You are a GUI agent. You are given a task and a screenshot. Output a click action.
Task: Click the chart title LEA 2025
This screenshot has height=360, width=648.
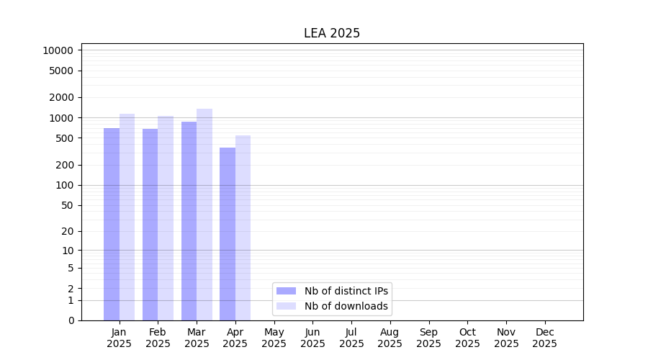click(x=332, y=33)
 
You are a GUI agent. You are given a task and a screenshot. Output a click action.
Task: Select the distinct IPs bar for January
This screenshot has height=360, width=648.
click(x=112, y=224)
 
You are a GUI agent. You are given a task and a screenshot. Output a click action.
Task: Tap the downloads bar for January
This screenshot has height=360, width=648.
click(x=127, y=217)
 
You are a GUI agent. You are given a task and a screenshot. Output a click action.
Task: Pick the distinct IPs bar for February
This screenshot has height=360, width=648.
click(x=150, y=225)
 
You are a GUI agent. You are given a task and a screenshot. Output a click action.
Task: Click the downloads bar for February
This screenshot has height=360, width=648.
click(x=166, y=218)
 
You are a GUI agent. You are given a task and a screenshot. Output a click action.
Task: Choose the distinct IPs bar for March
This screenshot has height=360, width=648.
click(x=189, y=221)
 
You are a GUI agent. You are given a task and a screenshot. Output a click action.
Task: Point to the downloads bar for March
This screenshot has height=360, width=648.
click(x=204, y=215)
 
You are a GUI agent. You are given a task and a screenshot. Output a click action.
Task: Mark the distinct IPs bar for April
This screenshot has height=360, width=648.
click(x=228, y=234)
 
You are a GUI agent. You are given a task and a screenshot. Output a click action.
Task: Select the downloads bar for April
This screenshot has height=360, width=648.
click(x=243, y=228)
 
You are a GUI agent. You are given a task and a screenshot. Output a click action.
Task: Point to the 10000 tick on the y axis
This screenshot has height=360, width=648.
click(x=58, y=50)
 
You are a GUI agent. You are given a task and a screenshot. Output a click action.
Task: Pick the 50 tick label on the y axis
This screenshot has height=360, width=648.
click(x=66, y=205)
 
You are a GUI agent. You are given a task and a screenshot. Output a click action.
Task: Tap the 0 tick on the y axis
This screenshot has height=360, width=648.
click(x=71, y=320)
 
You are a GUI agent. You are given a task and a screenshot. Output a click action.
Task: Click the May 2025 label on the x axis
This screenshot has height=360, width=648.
click(x=274, y=338)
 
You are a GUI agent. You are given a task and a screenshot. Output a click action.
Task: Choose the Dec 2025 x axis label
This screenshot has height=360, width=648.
click(x=544, y=338)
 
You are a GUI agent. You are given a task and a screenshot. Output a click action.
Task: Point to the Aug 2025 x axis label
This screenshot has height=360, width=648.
click(x=390, y=338)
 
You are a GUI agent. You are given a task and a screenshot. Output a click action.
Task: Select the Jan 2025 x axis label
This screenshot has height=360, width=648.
click(x=119, y=338)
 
